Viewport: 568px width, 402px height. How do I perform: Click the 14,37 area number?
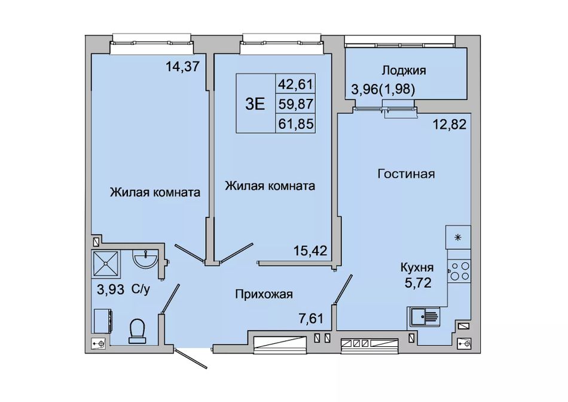coord(182,67)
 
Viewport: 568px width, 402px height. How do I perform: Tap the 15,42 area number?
coord(310,250)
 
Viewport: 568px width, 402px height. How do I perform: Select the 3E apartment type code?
coord(255,104)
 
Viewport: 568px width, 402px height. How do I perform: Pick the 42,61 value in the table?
coord(295,84)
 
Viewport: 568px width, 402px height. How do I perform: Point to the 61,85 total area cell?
coord(295,125)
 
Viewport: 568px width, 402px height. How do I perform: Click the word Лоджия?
coord(404,70)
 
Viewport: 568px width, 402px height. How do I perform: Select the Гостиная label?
coord(406,174)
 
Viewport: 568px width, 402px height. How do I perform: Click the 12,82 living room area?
coord(450,125)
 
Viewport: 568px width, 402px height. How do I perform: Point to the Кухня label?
coord(417,268)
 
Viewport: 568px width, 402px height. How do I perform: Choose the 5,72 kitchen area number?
coord(418,282)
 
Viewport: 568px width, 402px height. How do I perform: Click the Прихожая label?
coord(264,294)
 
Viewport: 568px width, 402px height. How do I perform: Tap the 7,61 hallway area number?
coord(310,318)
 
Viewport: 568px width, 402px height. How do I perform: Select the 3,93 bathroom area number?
coord(111,289)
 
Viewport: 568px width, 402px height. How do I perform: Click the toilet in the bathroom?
coord(138,331)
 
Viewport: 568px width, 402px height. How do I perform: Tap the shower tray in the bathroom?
coord(106,264)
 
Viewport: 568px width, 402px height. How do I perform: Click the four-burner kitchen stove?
coord(459,271)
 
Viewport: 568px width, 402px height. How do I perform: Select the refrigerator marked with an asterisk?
coord(458,237)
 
